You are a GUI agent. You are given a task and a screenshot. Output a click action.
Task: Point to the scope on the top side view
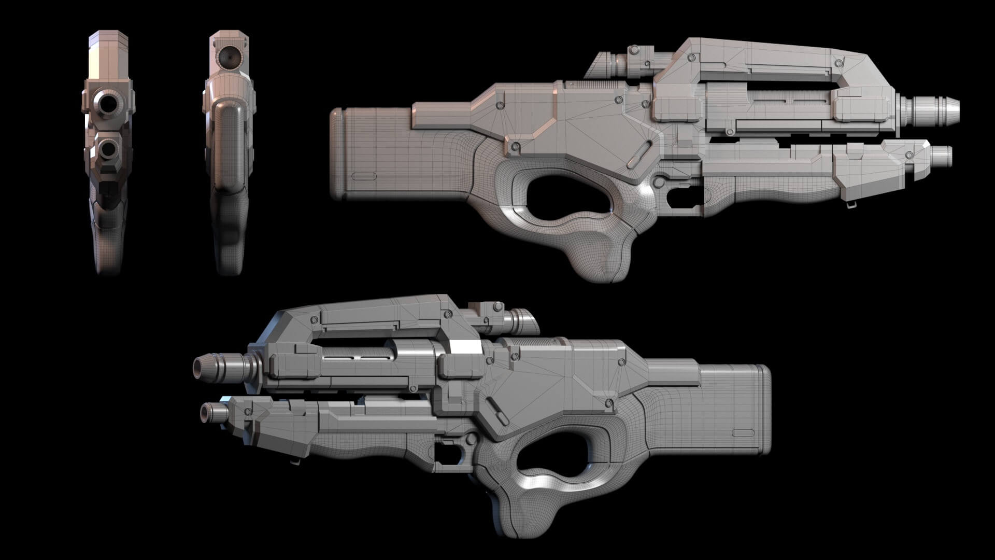point(622,65)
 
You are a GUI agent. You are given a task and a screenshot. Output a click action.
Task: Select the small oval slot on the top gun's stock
point(364,176)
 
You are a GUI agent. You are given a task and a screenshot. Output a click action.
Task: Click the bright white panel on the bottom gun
point(465,347)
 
